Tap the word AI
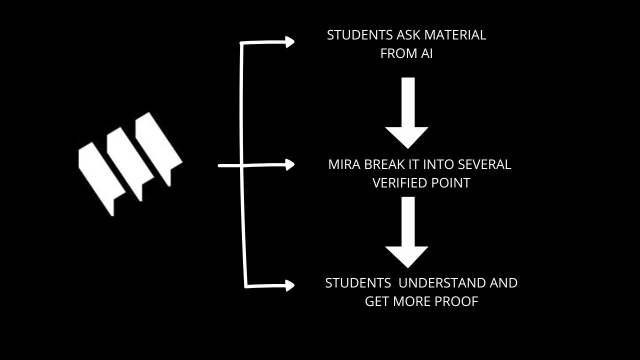(x=426, y=53)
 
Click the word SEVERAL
(x=484, y=164)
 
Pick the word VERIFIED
(x=398, y=183)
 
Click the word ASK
(x=409, y=35)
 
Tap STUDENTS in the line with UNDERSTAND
(x=358, y=283)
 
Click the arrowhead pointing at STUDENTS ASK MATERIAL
(x=289, y=41)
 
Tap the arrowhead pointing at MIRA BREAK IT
(x=289, y=164)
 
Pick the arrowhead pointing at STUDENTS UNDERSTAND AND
(x=289, y=285)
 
